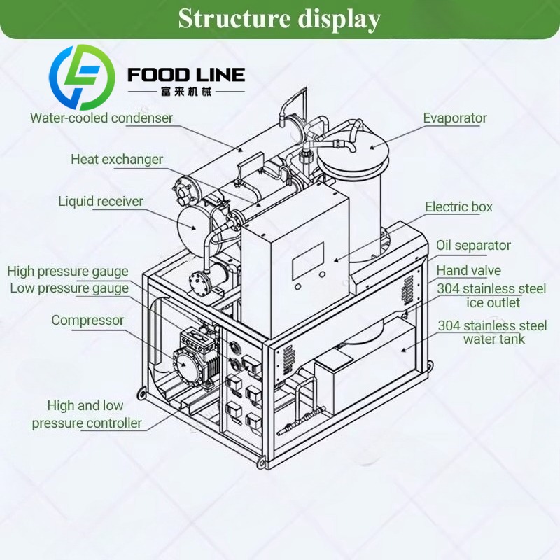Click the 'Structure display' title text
tap(279, 19)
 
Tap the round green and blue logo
tap(81, 77)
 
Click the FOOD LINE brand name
tap(186, 75)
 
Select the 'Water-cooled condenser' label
tap(101, 118)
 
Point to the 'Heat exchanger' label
tap(117, 160)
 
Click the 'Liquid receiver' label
tap(101, 201)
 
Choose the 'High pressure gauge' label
tap(68, 272)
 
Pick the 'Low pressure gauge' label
tap(69, 288)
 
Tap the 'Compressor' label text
tap(87, 321)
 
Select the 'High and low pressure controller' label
tap(87, 414)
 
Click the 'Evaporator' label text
tap(455, 118)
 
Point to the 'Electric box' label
tap(458, 206)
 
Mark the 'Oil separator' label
tap(473, 246)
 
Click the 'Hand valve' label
tap(468, 271)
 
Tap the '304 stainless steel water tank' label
tap(493, 332)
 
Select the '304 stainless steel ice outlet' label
tap(492, 295)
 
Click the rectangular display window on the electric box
tap(308, 260)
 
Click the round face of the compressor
tap(185, 363)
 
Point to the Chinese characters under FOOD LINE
tap(186, 92)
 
